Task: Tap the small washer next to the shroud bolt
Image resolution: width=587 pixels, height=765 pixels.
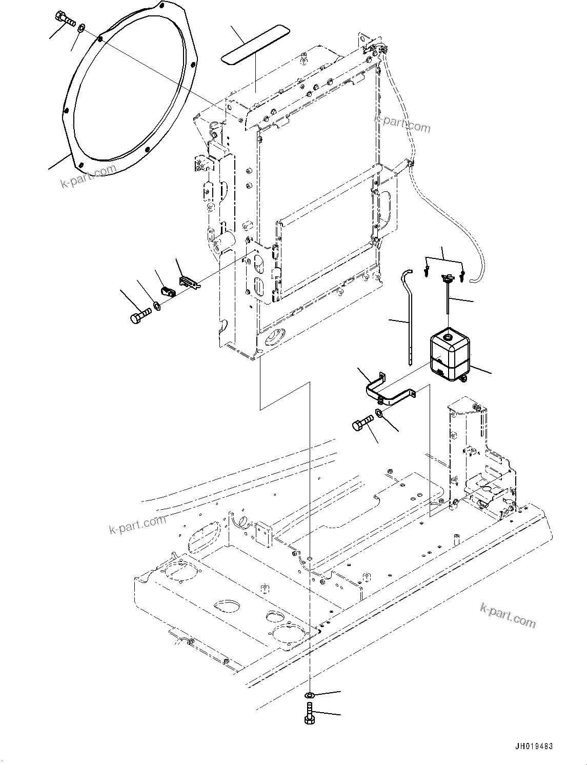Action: click(x=82, y=27)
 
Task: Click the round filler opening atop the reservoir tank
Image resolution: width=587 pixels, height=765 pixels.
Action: click(x=448, y=337)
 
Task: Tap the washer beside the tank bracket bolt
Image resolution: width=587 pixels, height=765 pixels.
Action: click(x=379, y=413)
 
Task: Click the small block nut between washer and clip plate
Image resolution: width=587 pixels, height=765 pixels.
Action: click(x=168, y=292)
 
